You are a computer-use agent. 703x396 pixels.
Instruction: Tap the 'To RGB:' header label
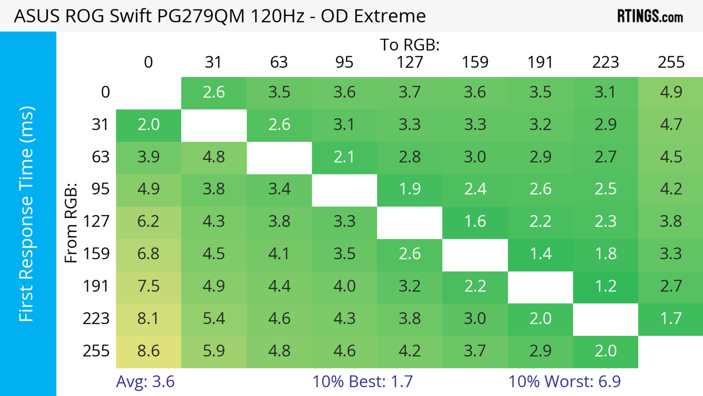410,45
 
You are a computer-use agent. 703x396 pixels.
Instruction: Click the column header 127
410,62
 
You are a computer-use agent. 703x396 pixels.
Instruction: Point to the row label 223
96,319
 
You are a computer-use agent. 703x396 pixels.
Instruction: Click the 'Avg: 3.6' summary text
145,382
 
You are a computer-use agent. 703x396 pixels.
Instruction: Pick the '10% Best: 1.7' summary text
362,382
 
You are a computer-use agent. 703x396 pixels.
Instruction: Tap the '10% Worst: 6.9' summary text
564,382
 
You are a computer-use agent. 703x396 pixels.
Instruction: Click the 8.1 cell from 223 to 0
148,319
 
